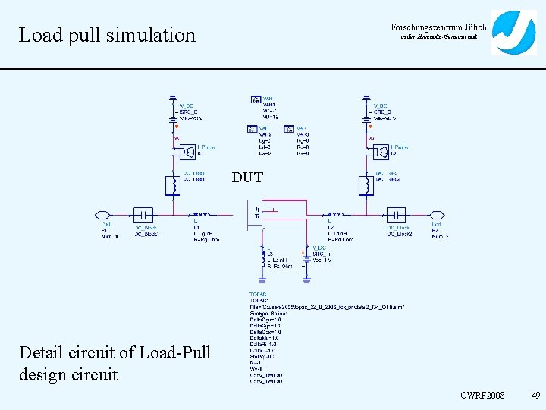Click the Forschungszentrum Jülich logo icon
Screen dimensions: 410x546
pyautogui.click(x=513, y=33)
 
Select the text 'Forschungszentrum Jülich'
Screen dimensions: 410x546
pyautogui.click(x=438, y=27)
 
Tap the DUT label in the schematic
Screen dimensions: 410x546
pyautogui.click(x=247, y=178)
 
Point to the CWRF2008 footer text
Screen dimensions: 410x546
pyautogui.click(x=482, y=396)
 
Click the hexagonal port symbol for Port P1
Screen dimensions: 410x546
pyautogui.click(x=103, y=215)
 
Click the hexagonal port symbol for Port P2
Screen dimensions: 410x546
pyautogui.click(x=437, y=215)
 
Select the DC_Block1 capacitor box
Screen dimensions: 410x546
pyautogui.click(x=143, y=215)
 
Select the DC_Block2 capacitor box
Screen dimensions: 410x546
pyautogui.click(x=396, y=215)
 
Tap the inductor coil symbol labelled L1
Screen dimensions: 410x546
pyautogui.click(x=201, y=215)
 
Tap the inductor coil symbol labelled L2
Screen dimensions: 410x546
pyautogui.click(x=334, y=215)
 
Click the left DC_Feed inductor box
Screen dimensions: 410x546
pyautogui.click(x=173, y=184)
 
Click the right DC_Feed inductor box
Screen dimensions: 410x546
pyautogui.click(x=366, y=184)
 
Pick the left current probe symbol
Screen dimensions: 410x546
pyautogui.click(x=187, y=151)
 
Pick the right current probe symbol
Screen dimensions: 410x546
pyautogui.click(x=381, y=151)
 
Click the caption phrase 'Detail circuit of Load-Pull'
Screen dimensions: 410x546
pyautogui.click(x=115, y=352)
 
